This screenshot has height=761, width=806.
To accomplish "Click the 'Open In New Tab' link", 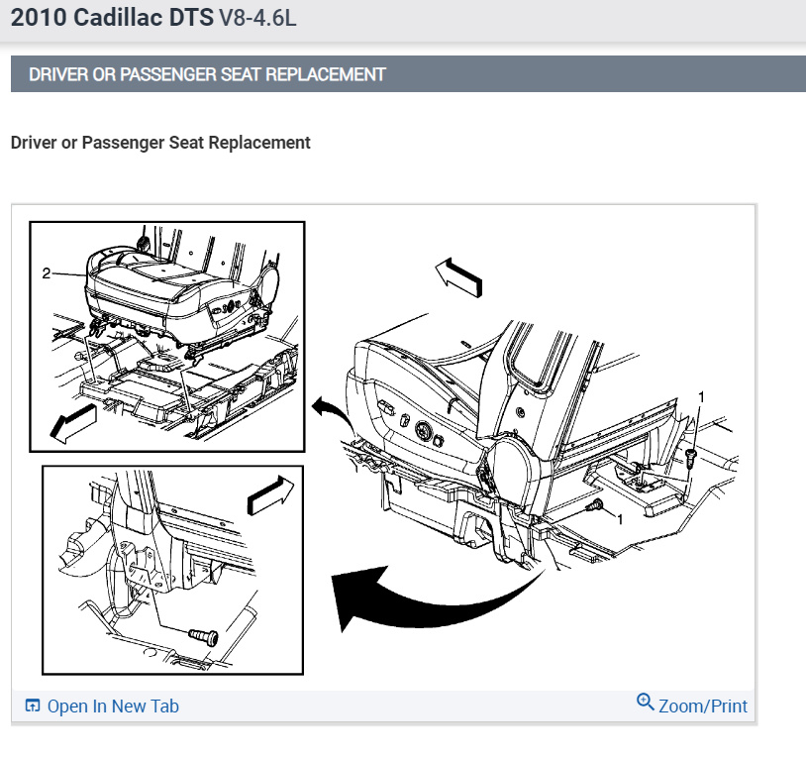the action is click(113, 706).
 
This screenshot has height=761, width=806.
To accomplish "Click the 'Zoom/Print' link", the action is click(703, 706).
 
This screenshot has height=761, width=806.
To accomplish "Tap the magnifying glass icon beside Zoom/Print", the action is click(646, 702).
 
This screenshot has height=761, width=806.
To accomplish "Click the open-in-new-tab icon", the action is click(33, 706).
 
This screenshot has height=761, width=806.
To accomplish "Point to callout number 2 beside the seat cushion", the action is click(47, 273).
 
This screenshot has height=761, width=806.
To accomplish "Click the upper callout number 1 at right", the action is click(701, 396).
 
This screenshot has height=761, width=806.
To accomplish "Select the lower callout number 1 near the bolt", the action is click(620, 519).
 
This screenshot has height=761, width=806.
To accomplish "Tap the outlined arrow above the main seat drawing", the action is click(458, 277).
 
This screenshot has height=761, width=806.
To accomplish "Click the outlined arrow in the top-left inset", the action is click(73, 423).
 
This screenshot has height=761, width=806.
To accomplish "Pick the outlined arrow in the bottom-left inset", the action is click(271, 495).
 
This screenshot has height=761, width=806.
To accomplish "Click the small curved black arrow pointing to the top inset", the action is click(333, 412).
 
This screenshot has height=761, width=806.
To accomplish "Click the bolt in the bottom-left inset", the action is click(204, 636).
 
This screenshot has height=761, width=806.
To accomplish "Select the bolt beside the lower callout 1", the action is click(594, 505).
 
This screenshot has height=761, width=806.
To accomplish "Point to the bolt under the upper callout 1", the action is click(690, 458).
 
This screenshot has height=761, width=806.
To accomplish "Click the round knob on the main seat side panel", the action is click(424, 430).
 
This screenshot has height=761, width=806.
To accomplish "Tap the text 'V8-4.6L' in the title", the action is click(258, 18).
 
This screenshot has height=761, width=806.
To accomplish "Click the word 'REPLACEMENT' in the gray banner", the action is click(326, 74).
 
